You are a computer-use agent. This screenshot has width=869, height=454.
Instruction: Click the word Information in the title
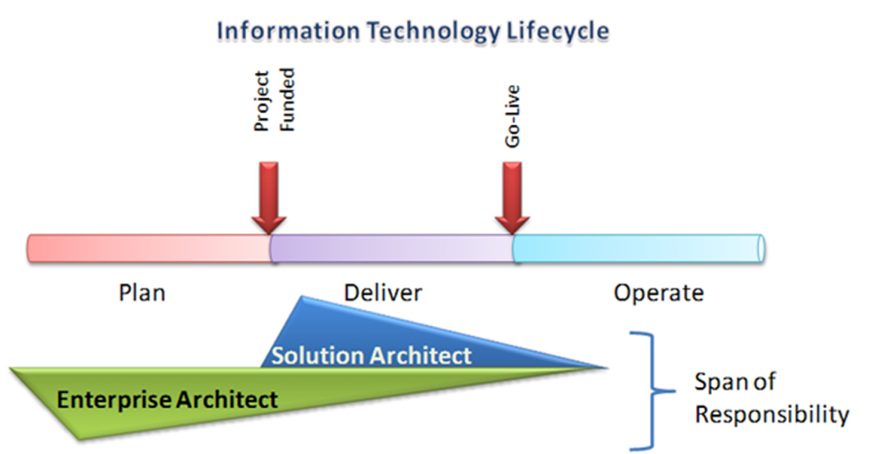(x=289, y=31)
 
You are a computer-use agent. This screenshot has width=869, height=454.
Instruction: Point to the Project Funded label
(x=274, y=100)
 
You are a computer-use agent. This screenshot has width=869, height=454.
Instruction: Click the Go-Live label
(x=513, y=116)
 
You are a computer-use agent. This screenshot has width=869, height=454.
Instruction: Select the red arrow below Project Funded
(x=269, y=198)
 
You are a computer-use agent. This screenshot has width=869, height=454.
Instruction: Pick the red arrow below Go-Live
(x=512, y=198)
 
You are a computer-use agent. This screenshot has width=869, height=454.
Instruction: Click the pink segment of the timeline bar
(x=149, y=249)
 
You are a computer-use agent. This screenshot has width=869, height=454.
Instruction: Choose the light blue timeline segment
(x=638, y=249)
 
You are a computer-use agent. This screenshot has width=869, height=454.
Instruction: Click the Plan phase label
(x=142, y=293)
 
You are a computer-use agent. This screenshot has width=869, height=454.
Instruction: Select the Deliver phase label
(x=383, y=293)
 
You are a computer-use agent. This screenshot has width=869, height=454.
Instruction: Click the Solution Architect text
(x=372, y=356)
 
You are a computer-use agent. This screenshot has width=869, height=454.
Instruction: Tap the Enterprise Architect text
(x=167, y=400)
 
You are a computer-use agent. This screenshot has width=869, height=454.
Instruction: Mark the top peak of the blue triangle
(x=302, y=296)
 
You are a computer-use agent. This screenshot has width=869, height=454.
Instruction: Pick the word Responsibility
(x=772, y=415)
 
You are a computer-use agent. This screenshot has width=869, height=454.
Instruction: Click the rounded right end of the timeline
(x=761, y=249)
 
